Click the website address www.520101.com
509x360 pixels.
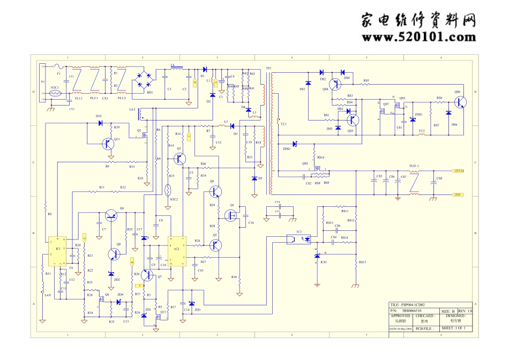pos(418,37)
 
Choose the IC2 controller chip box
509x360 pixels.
pos(177,251)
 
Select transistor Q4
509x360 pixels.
pos(112,215)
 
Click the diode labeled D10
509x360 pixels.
pos(100,123)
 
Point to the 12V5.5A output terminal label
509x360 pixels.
pos(459,171)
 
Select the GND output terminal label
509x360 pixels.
pos(458,194)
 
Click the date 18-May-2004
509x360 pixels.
pos(401,329)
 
